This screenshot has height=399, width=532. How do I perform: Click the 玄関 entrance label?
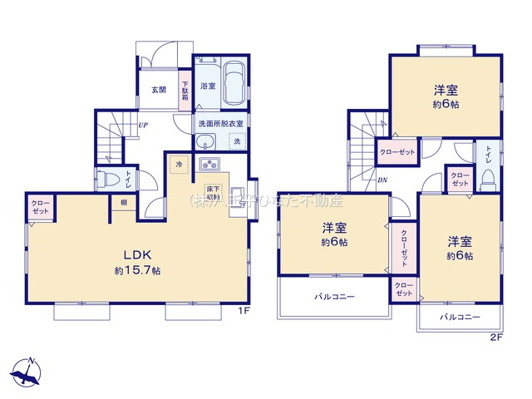tap(159, 90)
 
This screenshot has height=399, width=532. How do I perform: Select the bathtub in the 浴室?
tap(232, 83)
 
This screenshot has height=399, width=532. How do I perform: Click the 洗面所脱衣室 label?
tap(220, 124)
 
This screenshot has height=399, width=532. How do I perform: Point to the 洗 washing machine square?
tap(236, 141)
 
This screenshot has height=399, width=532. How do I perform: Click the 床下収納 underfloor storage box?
tap(213, 192)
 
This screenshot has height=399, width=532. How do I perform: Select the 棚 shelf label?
tap(123, 203)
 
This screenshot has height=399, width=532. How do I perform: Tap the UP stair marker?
tap(143, 126)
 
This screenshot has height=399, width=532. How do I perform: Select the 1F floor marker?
tap(244, 311)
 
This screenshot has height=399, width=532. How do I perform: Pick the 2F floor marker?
tap(496, 337)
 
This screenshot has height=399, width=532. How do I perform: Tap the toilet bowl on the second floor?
tap(490, 177)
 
